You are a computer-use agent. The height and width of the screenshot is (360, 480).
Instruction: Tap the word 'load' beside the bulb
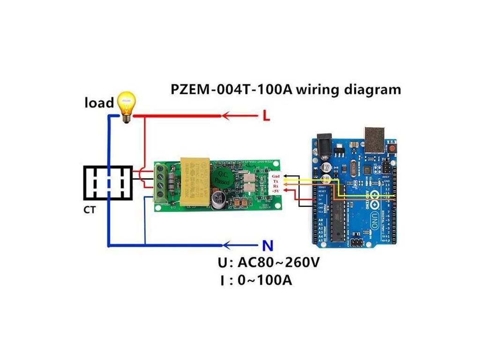point(99,102)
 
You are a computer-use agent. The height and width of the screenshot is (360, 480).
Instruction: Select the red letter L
point(266,115)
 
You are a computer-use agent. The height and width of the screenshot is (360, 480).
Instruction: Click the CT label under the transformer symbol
point(90,210)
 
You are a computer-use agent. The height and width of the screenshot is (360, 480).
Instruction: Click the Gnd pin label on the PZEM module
point(276,176)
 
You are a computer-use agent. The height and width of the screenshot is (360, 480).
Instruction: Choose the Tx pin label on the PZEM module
point(276,181)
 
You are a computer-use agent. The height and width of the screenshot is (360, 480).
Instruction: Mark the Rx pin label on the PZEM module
point(276,186)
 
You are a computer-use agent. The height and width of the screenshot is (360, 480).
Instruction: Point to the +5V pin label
point(276,191)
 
